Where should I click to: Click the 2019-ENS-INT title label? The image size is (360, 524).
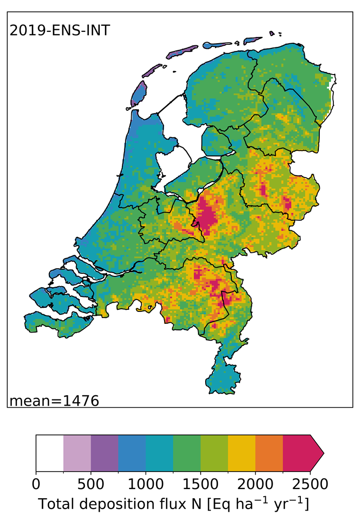point(59,30)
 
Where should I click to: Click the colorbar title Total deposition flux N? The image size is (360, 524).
point(173,505)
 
